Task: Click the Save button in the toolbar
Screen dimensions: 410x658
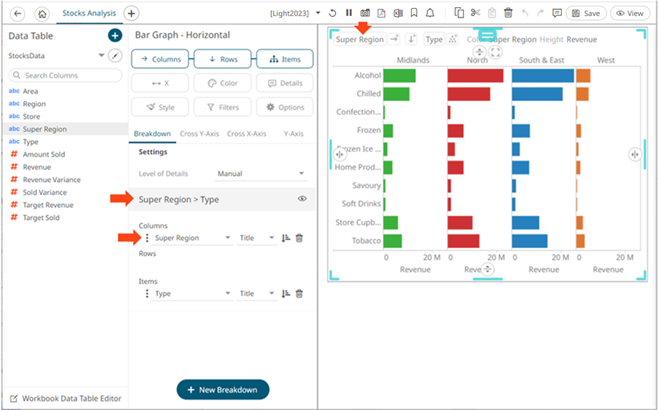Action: (586, 13)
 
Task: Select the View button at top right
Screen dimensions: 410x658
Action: (629, 13)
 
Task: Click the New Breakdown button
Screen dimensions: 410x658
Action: (223, 389)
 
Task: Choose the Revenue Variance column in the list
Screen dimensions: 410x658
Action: (51, 180)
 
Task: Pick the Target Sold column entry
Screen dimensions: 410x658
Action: (41, 217)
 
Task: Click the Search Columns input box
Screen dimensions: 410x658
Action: (65, 75)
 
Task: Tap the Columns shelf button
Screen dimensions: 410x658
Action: (160, 59)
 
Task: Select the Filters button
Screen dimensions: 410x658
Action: (223, 107)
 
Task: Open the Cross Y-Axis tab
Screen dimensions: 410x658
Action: (200, 133)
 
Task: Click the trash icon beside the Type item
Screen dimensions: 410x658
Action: (299, 294)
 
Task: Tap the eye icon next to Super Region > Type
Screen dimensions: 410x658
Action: (302, 198)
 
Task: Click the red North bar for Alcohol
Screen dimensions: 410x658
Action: (474, 75)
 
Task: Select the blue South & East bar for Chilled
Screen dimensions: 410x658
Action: (536, 94)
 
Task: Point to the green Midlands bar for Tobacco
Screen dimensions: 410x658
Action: (393, 241)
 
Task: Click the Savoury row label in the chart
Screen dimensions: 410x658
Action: (366, 185)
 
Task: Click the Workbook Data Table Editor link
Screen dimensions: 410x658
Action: (71, 398)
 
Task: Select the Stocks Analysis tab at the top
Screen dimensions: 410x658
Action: (89, 13)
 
